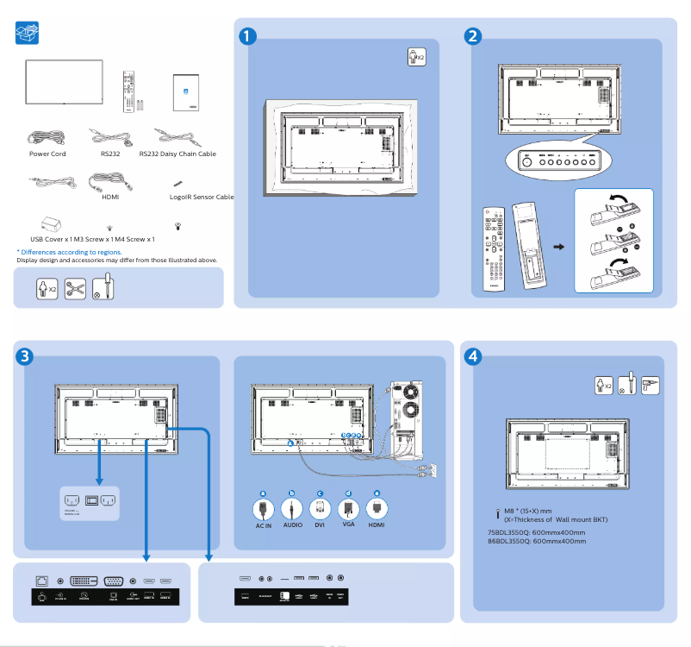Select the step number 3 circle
point(25,356)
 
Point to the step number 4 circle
point(472,355)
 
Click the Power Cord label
point(47,154)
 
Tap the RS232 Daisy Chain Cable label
point(177,154)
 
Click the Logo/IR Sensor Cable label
point(202,197)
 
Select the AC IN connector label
point(264,525)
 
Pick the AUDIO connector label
point(293,525)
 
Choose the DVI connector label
point(320,525)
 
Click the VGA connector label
point(348,525)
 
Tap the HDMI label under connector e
point(377,525)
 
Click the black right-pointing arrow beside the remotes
point(557,247)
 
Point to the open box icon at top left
point(28,35)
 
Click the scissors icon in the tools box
point(75,288)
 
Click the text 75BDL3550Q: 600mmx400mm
point(536,532)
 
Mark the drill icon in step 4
point(650,386)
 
